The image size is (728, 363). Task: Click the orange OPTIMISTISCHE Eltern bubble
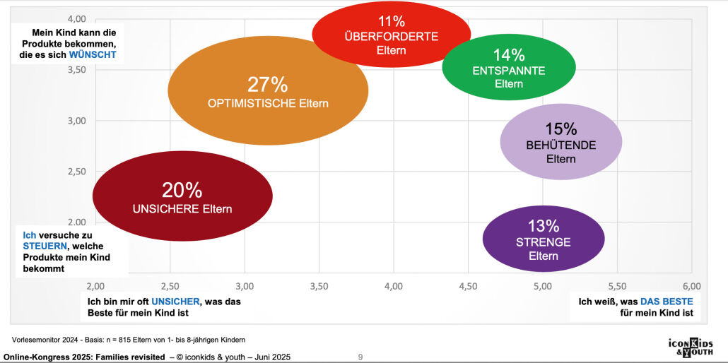(x=268, y=91)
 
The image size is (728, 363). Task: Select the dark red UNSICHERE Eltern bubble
(x=182, y=196)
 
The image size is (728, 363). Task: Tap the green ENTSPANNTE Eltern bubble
(x=508, y=67)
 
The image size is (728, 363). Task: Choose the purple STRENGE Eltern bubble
(x=543, y=238)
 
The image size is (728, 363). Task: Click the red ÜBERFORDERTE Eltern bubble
(x=391, y=34)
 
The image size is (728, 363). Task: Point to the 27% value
(x=267, y=85)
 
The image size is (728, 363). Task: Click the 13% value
(x=543, y=226)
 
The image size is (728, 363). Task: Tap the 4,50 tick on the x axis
(x=467, y=286)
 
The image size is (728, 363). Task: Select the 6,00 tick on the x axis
(x=691, y=286)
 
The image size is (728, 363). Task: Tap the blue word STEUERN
(x=46, y=246)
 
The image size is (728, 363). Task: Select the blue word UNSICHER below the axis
(x=176, y=302)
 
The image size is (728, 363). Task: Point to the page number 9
(x=360, y=357)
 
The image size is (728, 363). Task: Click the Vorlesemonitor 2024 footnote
(x=129, y=340)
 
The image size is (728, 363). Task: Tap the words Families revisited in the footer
(x=134, y=357)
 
